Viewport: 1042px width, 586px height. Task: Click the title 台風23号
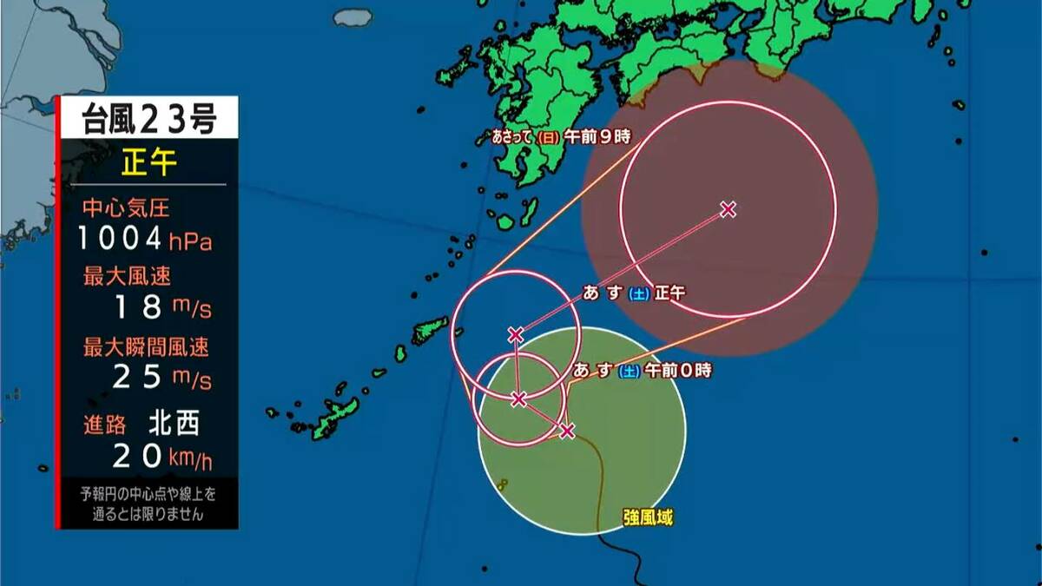coord(148,117)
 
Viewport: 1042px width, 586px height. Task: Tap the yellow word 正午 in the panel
coord(148,162)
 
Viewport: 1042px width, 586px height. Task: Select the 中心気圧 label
coord(126,208)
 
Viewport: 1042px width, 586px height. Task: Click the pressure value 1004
coord(120,237)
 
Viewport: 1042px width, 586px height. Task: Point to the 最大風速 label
coord(126,277)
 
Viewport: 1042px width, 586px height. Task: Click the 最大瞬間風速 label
coord(146,348)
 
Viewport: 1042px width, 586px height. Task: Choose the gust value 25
coord(137,378)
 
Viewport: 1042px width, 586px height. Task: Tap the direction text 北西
coord(174,424)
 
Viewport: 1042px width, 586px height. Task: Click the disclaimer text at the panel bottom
coord(148,504)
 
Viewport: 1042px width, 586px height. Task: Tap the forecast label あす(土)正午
coord(634,293)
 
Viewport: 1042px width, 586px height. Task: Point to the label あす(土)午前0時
coord(642,371)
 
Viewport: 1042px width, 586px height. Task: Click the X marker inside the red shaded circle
coord(729,208)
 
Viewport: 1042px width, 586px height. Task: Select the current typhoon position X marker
coord(567,431)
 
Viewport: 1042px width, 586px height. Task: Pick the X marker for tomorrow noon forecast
coord(516,334)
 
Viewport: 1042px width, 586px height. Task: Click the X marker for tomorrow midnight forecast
coord(518,399)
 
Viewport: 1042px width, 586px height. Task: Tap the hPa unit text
coord(191,240)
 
